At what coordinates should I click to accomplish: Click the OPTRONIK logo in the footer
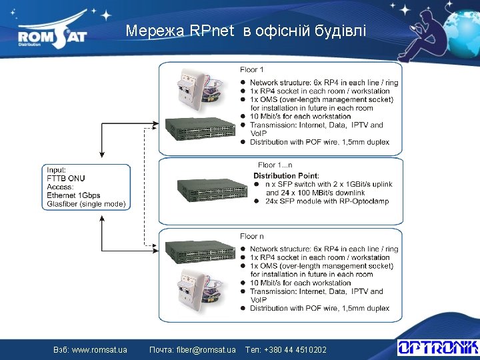pyautogui.click(x=437, y=347)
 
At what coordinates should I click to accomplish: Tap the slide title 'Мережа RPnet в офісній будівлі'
pyautogui.click(x=246, y=31)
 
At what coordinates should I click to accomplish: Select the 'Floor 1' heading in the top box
pyautogui.click(x=253, y=69)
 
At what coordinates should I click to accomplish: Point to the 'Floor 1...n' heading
pyautogui.click(x=275, y=165)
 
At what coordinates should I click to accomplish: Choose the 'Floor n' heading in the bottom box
pyautogui.click(x=253, y=236)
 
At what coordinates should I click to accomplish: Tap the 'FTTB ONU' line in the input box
pyautogui.click(x=66, y=178)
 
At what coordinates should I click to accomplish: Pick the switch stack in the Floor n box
pyautogui.click(x=199, y=253)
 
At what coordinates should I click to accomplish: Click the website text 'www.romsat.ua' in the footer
pyautogui.click(x=99, y=349)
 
